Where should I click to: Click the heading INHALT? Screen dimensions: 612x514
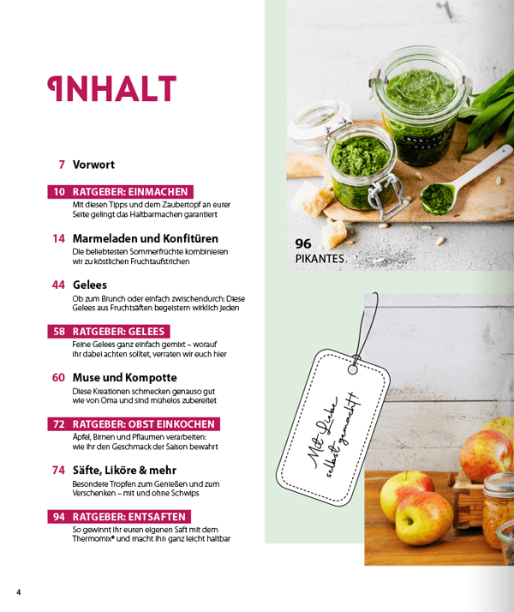point(111,89)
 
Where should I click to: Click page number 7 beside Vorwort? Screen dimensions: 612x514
point(62,165)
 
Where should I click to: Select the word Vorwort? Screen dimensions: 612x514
point(93,165)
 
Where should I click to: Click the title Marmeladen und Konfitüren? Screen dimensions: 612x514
point(145,238)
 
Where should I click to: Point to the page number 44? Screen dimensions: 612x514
point(58,285)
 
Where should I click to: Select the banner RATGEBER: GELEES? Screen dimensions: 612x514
point(108,331)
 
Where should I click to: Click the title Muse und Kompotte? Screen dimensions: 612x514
point(124,377)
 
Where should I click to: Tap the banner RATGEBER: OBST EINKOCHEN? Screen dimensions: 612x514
point(134,424)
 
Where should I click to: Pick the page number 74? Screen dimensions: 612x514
point(58,470)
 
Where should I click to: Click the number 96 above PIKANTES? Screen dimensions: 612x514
point(303,243)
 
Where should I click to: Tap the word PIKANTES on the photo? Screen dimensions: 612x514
point(320,258)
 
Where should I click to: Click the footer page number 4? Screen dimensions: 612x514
point(18,592)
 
